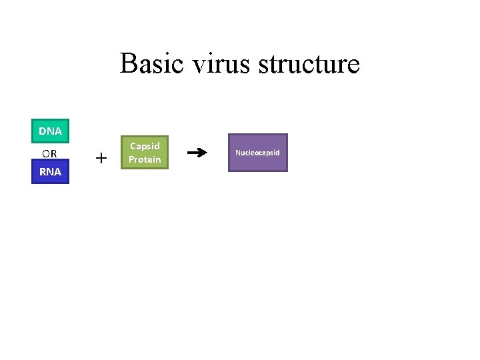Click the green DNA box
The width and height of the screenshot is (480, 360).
(x=50, y=131)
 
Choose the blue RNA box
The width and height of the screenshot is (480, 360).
(x=50, y=171)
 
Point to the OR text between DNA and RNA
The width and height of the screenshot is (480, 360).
(x=50, y=153)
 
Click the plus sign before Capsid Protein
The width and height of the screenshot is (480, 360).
(x=101, y=158)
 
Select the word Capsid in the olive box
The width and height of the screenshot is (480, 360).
(x=145, y=146)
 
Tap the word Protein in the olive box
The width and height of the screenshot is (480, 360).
(x=145, y=159)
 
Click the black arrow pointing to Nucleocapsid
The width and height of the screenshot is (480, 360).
(x=197, y=153)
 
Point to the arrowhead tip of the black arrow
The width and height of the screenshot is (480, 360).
(x=206, y=153)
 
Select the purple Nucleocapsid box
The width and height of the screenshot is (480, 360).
(x=257, y=153)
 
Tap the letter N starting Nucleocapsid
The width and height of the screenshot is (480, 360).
(x=237, y=153)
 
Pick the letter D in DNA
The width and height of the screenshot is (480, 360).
(x=42, y=131)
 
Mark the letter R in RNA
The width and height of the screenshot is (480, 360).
(x=43, y=171)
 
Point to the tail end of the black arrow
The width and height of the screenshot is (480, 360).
(x=189, y=153)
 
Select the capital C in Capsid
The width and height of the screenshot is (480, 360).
(x=133, y=146)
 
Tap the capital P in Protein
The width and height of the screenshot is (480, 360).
(x=131, y=159)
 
